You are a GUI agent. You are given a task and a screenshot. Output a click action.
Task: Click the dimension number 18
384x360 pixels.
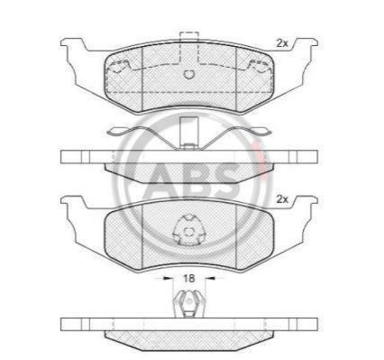tap(189, 278)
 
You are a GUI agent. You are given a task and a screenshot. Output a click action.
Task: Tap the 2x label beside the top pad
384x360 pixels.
tap(282, 43)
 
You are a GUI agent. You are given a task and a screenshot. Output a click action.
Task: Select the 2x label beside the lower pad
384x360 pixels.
tap(282, 199)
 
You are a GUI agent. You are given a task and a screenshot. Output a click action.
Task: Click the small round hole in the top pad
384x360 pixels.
tap(189, 74)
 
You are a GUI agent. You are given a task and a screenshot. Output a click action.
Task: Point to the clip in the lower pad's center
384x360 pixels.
tap(189, 229)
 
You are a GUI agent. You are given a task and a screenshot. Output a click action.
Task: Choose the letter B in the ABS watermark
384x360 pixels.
tap(196, 179)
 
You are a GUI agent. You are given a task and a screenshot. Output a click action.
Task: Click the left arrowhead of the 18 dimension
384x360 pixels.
tap(166, 279)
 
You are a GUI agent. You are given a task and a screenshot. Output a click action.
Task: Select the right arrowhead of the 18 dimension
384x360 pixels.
tap(212, 279)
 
